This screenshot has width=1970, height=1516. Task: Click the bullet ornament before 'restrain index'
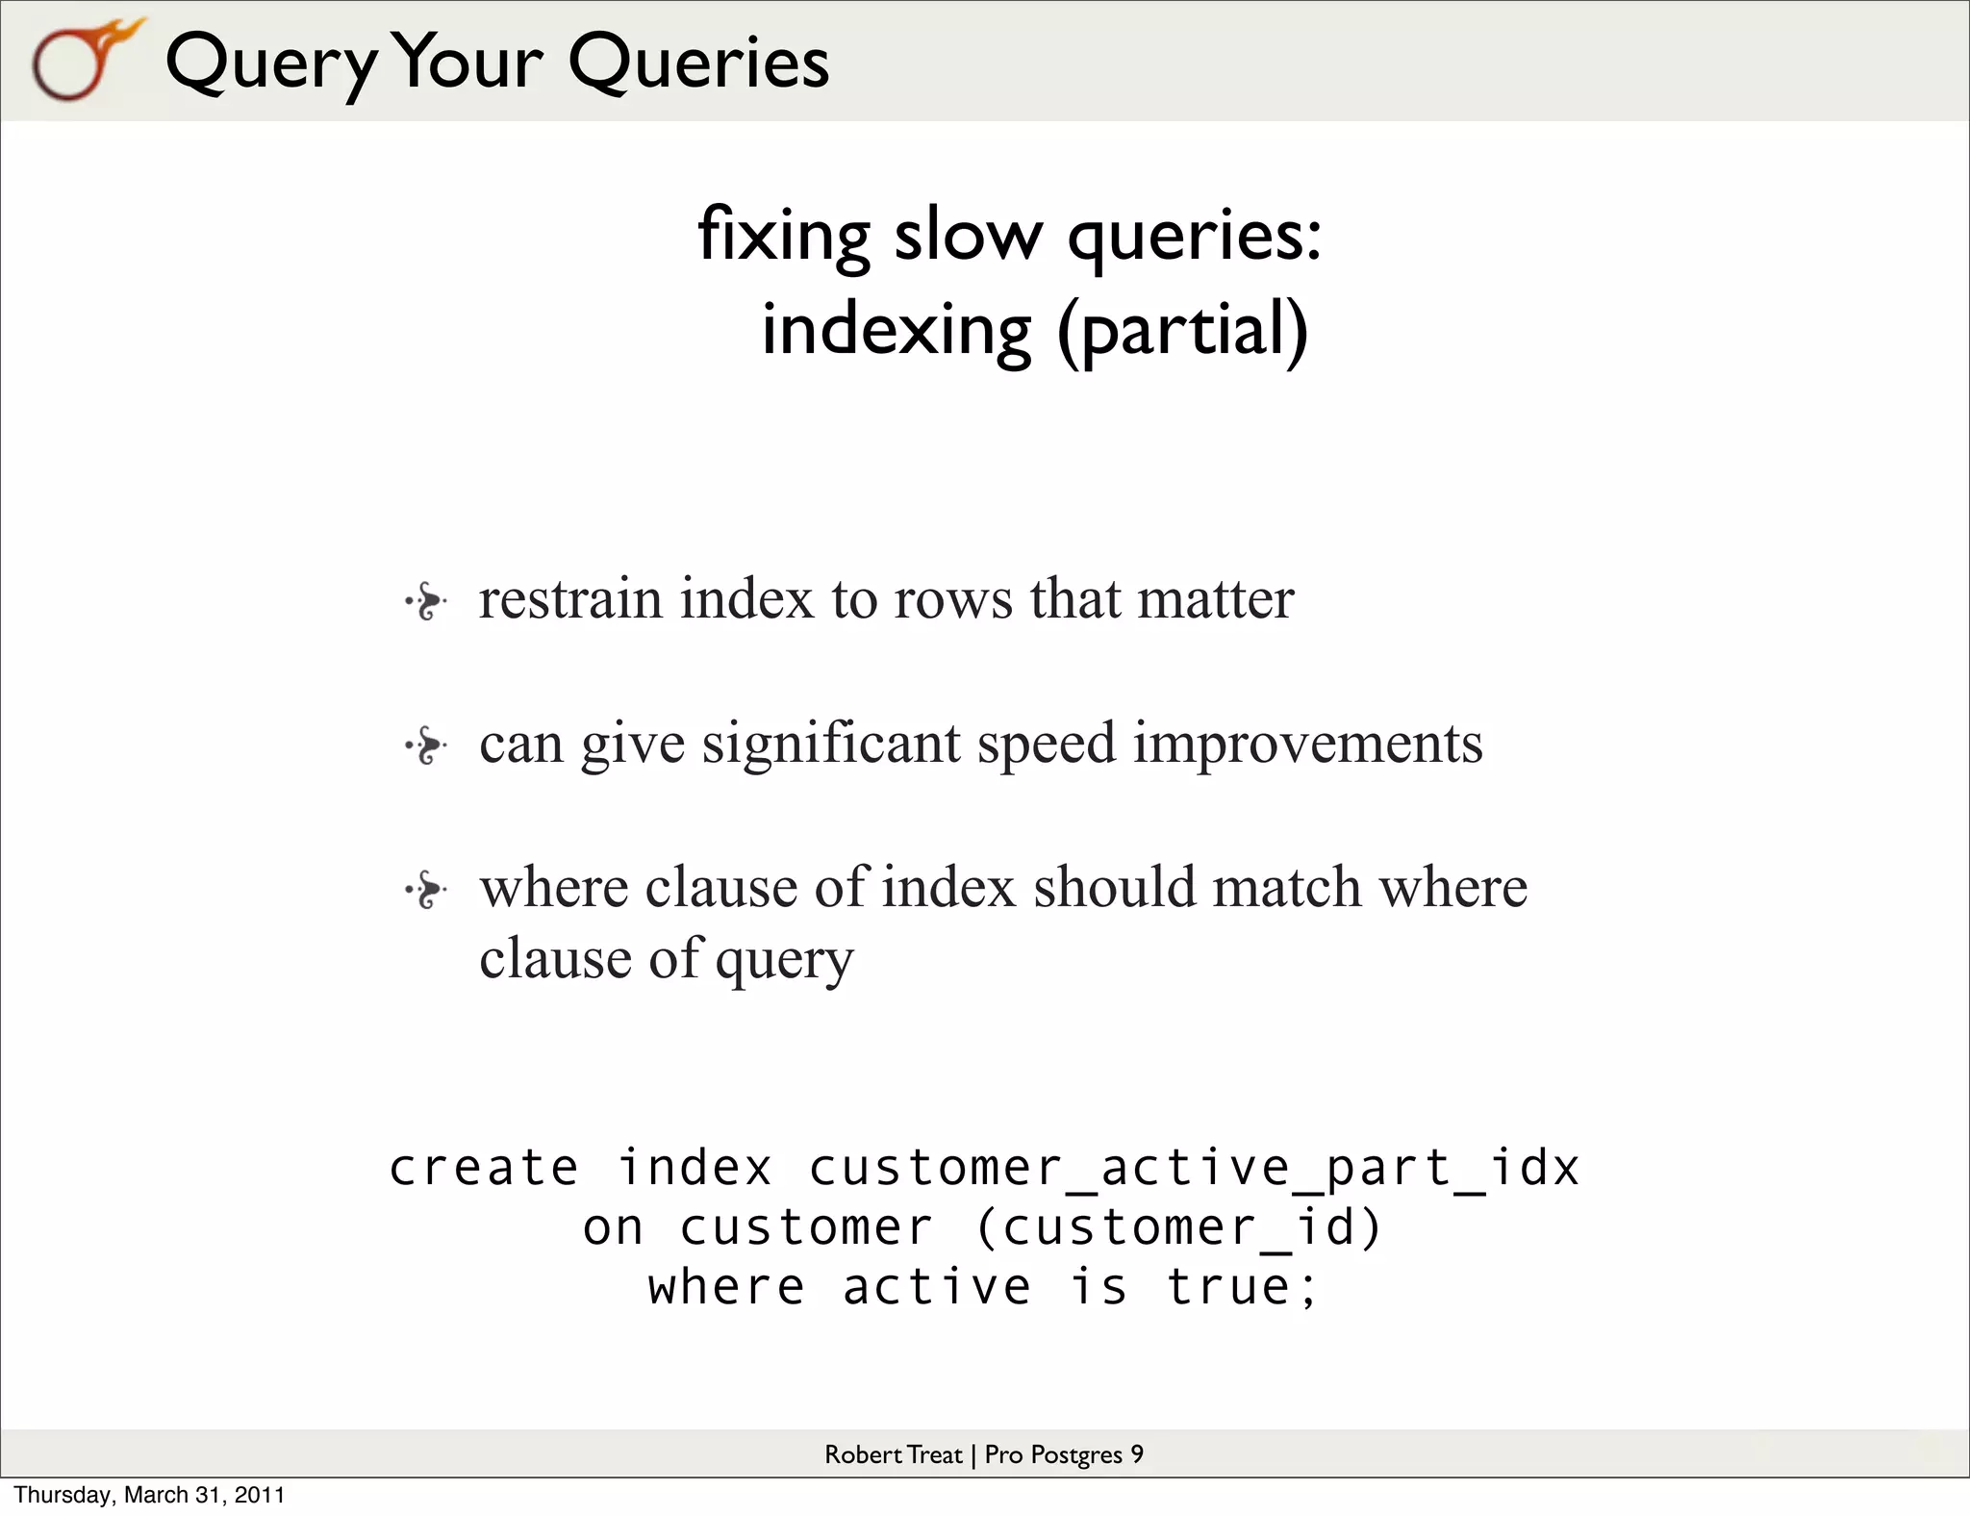coord(426,603)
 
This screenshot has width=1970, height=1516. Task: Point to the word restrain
coord(570,599)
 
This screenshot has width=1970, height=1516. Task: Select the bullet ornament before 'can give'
coord(426,745)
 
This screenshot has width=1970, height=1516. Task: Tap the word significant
coord(831,744)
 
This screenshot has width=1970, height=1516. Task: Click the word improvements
coord(1307,744)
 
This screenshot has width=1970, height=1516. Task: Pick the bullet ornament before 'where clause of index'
coord(426,890)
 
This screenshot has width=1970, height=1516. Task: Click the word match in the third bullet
coord(1286,887)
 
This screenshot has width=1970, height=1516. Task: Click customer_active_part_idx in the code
coord(1194,1169)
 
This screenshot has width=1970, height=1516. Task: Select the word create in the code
coord(484,1169)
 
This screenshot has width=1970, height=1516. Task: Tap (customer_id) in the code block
coord(1179,1228)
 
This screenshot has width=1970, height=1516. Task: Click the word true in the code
coord(1228,1287)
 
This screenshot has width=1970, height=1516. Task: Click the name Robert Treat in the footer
coord(893,1454)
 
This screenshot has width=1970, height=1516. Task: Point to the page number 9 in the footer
coord(1137,1454)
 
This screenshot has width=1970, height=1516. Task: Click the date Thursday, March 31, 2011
coord(150,1495)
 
